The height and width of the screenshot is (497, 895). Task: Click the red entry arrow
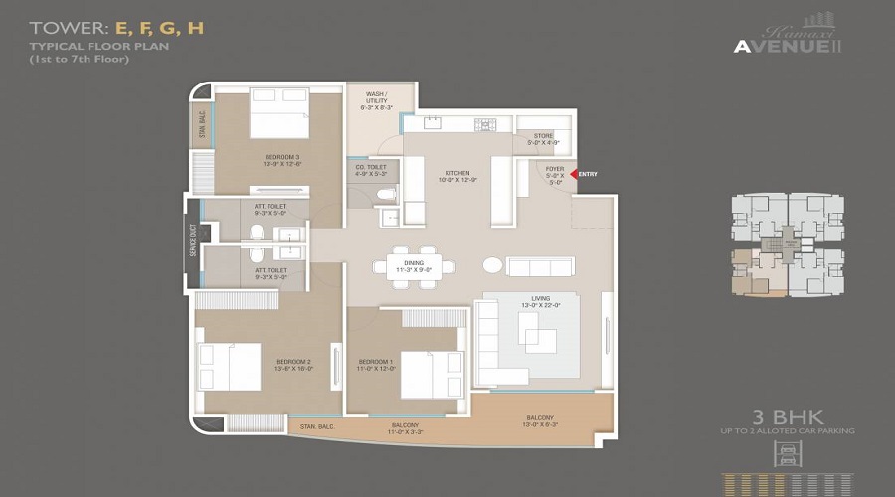click(573, 174)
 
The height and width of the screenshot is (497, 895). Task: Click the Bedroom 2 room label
click(268, 364)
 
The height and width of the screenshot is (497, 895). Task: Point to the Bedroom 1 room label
click(377, 364)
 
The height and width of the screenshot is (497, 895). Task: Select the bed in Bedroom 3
click(279, 113)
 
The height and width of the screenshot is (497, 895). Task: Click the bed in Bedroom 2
click(231, 367)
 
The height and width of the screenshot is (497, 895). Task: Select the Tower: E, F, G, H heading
click(117, 27)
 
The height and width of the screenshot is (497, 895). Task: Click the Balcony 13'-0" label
click(539, 421)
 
